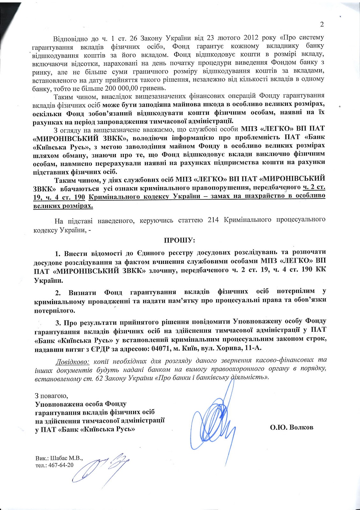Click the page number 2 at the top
(x=322, y=25)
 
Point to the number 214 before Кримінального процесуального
(x=213, y=220)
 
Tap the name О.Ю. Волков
(x=291, y=427)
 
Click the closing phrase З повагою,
(x=51, y=396)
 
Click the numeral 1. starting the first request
(x=58, y=254)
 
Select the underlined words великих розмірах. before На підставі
(x=63, y=206)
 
